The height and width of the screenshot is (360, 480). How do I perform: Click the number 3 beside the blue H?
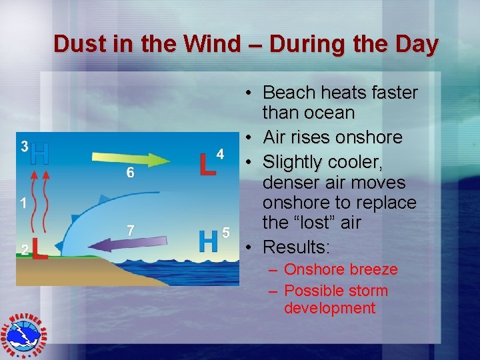pyautogui.click(x=23, y=146)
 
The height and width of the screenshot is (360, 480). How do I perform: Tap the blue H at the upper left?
pyautogui.click(x=40, y=154)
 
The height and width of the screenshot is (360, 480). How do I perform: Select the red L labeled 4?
pyautogui.click(x=207, y=164)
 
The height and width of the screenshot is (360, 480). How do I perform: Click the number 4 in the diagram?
pyautogui.click(x=220, y=154)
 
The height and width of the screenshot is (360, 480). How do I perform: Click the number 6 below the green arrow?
pyautogui.click(x=131, y=173)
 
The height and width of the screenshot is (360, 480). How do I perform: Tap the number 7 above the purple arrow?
pyautogui.click(x=131, y=230)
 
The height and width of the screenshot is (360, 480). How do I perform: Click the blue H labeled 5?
pyautogui.click(x=209, y=242)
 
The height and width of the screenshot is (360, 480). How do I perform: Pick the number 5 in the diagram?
pyautogui.click(x=226, y=233)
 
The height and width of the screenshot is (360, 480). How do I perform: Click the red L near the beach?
pyautogui.click(x=39, y=249)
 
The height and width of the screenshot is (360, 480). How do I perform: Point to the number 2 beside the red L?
pyautogui.click(x=24, y=250)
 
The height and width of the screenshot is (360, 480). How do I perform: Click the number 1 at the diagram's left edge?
pyautogui.click(x=23, y=203)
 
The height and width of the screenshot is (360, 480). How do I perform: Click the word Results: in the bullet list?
pyautogui.click(x=296, y=247)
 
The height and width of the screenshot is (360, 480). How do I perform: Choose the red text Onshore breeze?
pyautogui.click(x=340, y=270)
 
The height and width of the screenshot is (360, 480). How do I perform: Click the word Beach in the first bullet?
pyautogui.click(x=289, y=92)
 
